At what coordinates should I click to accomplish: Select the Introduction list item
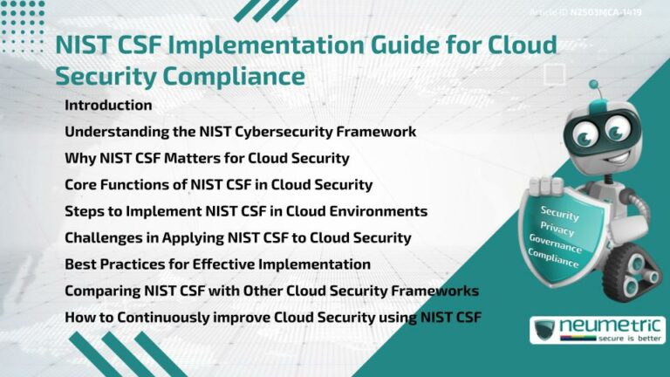pos(108,106)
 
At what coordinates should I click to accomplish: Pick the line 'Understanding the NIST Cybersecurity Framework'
pos(240,133)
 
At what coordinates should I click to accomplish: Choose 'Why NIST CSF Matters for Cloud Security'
pos(207,159)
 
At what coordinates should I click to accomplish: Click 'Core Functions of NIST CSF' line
pos(218,185)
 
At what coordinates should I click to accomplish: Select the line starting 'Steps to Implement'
pos(246,211)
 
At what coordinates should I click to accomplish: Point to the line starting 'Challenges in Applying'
pos(238,237)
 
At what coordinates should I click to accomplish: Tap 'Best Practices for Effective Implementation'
pos(217,264)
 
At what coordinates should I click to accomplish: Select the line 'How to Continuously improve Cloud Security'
pos(272,316)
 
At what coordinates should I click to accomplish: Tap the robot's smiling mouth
pos(601,154)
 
